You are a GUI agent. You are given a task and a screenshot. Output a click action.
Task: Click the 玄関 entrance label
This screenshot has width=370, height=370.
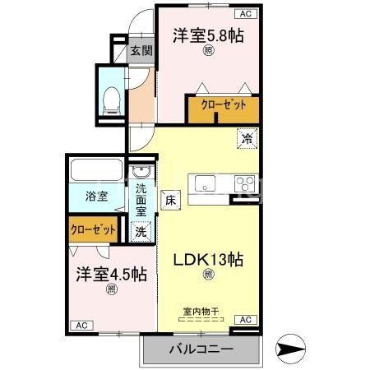(x=141, y=50)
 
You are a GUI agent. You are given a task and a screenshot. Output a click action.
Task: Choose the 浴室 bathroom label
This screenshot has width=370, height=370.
(x=97, y=196)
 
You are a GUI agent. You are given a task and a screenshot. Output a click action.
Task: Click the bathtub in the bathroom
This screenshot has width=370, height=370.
(x=97, y=172)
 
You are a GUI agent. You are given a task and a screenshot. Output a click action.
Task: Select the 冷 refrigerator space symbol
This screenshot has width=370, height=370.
(x=246, y=139)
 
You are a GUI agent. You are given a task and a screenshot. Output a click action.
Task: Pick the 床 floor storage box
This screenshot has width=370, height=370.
(x=170, y=198)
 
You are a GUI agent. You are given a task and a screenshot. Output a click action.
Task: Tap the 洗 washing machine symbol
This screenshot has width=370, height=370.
(x=141, y=232)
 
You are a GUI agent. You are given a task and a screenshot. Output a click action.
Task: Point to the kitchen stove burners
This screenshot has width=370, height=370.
(x=244, y=183)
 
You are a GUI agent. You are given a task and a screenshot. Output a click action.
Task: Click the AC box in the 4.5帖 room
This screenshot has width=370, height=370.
(x=82, y=326)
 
